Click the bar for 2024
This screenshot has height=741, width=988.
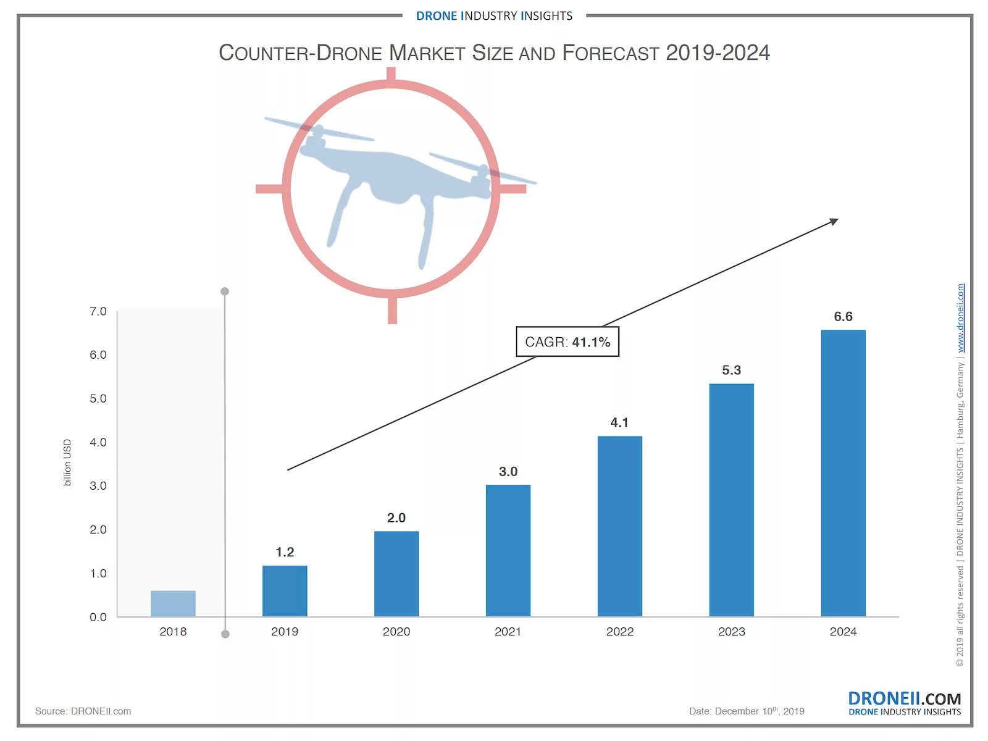(x=843, y=473)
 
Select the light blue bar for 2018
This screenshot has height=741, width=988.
(x=173, y=603)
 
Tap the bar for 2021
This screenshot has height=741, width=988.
(x=508, y=550)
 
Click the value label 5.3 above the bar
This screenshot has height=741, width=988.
(x=731, y=370)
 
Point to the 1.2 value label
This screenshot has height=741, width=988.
(x=285, y=552)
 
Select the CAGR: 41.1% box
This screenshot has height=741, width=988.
(x=567, y=341)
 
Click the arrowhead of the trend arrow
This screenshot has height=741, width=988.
(x=834, y=222)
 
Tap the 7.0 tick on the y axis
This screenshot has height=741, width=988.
(x=98, y=311)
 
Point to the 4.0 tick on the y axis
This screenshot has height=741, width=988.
(x=98, y=442)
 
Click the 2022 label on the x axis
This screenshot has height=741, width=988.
(x=619, y=631)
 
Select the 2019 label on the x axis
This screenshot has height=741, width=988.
(x=285, y=631)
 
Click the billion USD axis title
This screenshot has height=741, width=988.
(x=67, y=462)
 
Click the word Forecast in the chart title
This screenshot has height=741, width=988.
(x=610, y=53)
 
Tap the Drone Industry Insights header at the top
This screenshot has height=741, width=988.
(x=494, y=16)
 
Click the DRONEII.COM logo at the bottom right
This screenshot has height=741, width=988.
(x=904, y=702)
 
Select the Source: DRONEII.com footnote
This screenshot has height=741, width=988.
(x=83, y=711)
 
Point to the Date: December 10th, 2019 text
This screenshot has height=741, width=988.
(x=746, y=711)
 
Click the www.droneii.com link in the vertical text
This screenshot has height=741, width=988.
(x=960, y=318)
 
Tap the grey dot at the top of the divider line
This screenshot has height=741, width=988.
(x=225, y=291)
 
